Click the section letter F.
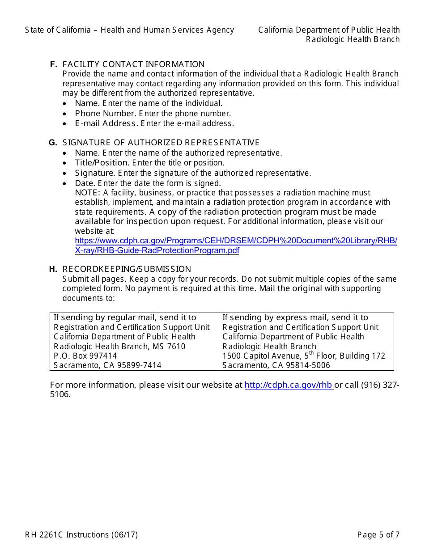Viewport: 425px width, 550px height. pyautogui.click(x=53, y=64)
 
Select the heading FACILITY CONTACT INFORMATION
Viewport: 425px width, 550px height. pyautogui.click(x=133, y=64)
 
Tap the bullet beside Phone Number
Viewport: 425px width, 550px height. pyautogui.click(x=65, y=114)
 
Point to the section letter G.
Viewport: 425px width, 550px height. pyautogui.click(x=53, y=143)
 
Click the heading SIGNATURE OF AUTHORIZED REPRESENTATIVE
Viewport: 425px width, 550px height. pyautogui.click(x=161, y=143)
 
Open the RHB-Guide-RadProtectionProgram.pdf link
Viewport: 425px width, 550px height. pyautogui.click(x=236, y=245)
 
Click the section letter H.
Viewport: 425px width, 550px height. pyautogui.click(x=53, y=269)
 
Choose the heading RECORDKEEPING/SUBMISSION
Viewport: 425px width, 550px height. pyautogui.click(x=127, y=269)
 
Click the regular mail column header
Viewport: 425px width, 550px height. pyautogui.click(x=125, y=317)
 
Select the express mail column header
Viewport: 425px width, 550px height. pyautogui.click(x=295, y=317)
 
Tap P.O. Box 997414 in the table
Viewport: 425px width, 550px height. pyautogui.click(x=85, y=356)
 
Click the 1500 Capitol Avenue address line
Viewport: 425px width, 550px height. pyautogui.click(x=304, y=356)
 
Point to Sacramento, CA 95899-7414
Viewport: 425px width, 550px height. pyautogui.click(x=107, y=365)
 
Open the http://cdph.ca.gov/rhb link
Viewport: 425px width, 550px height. pyautogui.click(x=288, y=385)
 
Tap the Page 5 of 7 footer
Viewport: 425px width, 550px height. pyautogui.click(x=378, y=535)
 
